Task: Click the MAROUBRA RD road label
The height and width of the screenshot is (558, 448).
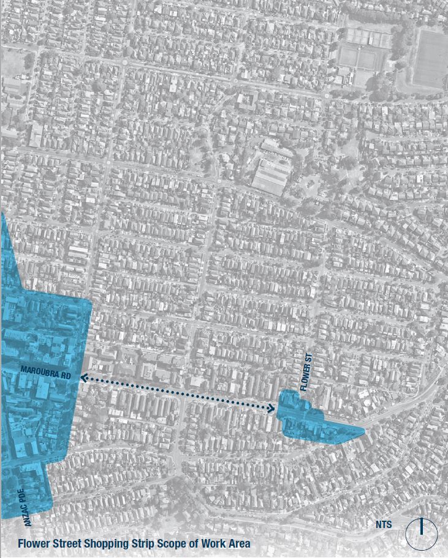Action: (x=45, y=370)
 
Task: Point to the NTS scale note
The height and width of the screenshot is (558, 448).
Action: (x=384, y=525)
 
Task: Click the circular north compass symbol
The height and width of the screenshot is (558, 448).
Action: (x=422, y=534)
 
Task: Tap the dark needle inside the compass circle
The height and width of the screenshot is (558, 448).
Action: (x=422, y=527)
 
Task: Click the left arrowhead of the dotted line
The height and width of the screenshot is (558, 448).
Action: (x=83, y=379)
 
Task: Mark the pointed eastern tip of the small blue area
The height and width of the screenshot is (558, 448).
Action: (x=363, y=431)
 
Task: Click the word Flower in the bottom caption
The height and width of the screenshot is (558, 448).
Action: (x=34, y=543)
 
